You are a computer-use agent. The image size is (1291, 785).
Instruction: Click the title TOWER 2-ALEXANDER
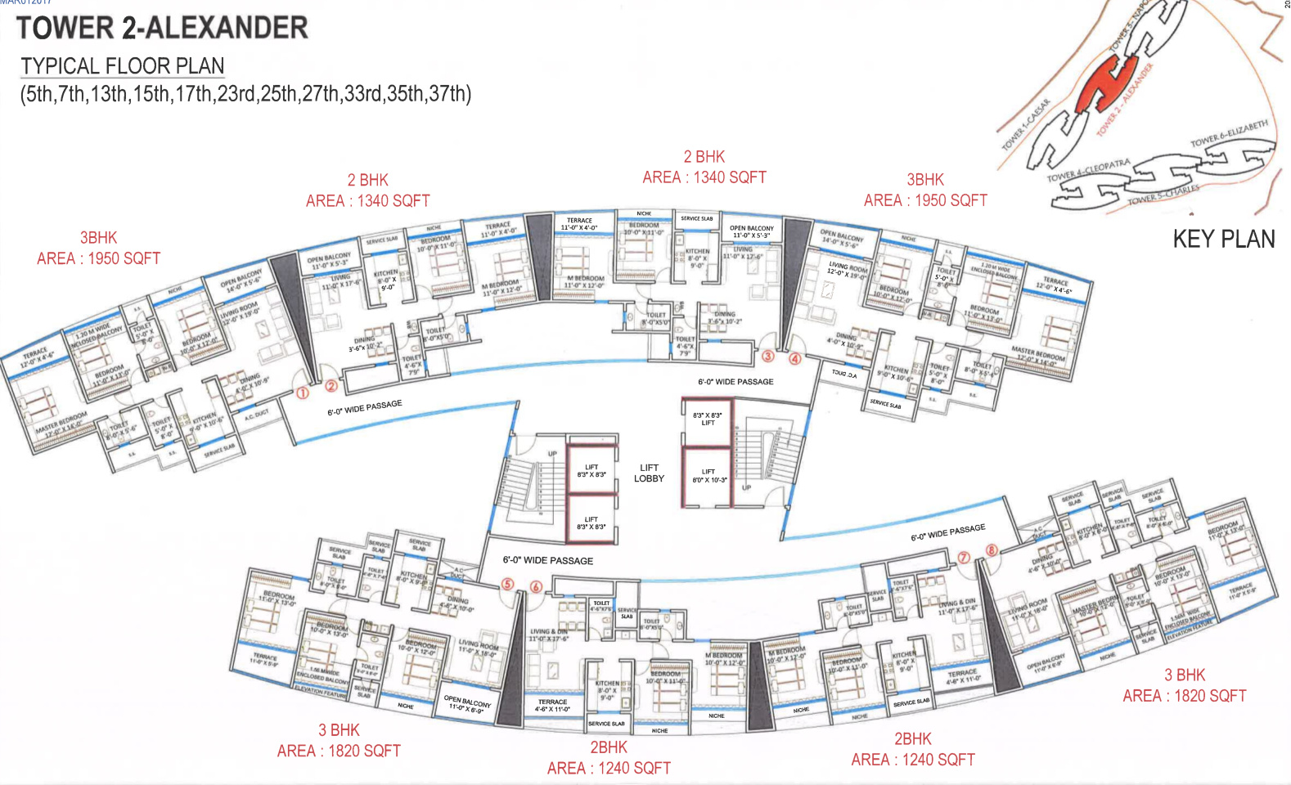click(x=162, y=28)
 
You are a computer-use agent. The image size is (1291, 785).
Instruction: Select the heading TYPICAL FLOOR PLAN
click(x=122, y=65)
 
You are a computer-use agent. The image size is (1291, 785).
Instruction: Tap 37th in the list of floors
click(x=448, y=94)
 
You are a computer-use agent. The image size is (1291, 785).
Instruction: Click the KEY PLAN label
click(x=1223, y=239)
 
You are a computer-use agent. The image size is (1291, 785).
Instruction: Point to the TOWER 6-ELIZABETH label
click(x=1229, y=134)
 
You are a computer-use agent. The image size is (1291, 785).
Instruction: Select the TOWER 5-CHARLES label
click(x=1163, y=194)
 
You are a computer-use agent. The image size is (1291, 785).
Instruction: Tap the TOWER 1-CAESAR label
click(x=1026, y=125)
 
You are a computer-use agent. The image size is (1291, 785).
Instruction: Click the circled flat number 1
click(x=302, y=393)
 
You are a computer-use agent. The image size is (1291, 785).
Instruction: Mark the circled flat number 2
click(x=331, y=386)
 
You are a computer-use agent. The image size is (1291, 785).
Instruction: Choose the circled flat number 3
click(x=767, y=356)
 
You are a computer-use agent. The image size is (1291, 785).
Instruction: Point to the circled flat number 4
click(x=794, y=358)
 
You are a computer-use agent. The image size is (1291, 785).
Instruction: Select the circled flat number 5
click(x=508, y=584)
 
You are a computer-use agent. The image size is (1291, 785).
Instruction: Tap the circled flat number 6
click(x=536, y=586)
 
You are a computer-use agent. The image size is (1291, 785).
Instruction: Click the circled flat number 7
click(x=964, y=558)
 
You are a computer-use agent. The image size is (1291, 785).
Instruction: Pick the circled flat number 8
click(x=992, y=549)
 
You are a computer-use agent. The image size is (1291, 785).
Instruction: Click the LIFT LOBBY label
click(x=649, y=473)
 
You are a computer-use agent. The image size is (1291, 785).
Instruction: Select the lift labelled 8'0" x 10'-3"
click(x=708, y=476)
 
